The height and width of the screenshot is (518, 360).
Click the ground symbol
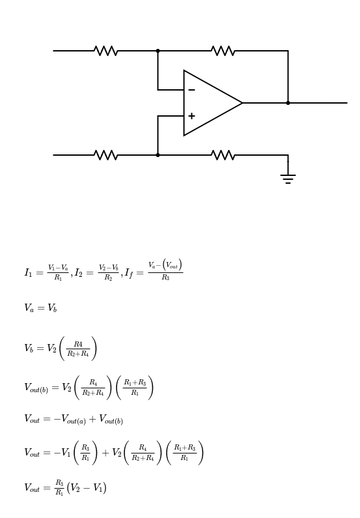pyautogui.click(x=288, y=179)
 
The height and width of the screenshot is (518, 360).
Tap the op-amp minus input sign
pyautogui.click(x=191, y=90)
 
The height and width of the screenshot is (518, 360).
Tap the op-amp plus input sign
pyautogui.click(x=191, y=116)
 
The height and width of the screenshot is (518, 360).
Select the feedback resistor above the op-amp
pyautogui.click(x=223, y=51)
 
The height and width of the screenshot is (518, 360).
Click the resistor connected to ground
pyautogui.click(x=223, y=155)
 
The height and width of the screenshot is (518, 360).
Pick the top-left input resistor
pyautogui.click(x=106, y=51)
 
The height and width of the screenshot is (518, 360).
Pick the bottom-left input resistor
pyautogui.click(x=106, y=155)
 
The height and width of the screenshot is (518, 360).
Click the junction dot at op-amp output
pyautogui.click(x=288, y=103)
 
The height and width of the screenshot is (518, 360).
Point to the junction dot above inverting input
pyautogui.click(x=158, y=51)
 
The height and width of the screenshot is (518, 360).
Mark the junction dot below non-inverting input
pyautogui.click(x=158, y=155)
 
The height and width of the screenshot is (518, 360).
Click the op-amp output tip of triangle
pyautogui.click(x=243, y=103)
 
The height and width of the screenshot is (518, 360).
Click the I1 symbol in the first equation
pyautogui.click(x=29, y=273)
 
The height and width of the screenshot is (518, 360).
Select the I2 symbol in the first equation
pyautogui.click(x=79, y=273)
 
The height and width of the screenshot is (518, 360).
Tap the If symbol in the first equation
pyautogui.click(x=130, y=274)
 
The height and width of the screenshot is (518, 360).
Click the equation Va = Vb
pyautogui.click(x=40, y=308)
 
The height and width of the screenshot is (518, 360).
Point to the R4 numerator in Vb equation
pyautogui.click(x=78, y=344)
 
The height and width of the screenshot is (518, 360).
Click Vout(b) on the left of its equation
pyautogui.click(x=36, y=388)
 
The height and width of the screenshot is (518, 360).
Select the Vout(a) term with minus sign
pyautogui.click(x=70, y=420)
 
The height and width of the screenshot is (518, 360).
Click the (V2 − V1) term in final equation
pyautogui.click(x=87, y=488)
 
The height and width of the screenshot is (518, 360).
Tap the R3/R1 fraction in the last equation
pyautogui.click(x=59, y=487)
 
